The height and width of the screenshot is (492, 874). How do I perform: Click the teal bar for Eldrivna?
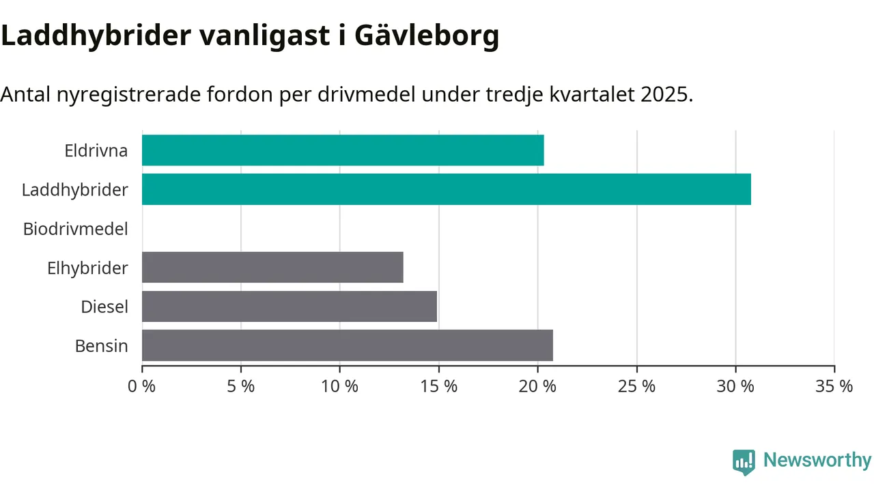[343, 150]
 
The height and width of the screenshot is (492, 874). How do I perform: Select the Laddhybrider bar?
[447, 189]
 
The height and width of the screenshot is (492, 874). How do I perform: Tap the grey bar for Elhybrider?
[272, 267]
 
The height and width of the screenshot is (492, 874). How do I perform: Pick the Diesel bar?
[290, 306]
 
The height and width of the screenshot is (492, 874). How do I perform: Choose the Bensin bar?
[348, 345]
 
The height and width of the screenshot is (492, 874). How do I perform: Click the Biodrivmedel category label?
[76, 229]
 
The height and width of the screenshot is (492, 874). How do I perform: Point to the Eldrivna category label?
[96, 150]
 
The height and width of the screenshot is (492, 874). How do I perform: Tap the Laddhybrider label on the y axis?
[75, 189]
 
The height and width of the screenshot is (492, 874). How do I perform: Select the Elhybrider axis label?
[87, 268]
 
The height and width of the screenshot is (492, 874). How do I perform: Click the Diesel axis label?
[104, 307]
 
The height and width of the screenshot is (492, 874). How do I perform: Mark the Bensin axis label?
[102, 346]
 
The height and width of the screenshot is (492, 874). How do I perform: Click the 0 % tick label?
[142, 386]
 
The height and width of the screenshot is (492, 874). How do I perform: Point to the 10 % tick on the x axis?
[339, 386]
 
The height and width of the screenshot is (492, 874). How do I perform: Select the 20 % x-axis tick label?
[537, 386]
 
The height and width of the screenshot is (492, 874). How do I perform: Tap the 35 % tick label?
[834, 386]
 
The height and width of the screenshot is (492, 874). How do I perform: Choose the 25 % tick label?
[636, 386]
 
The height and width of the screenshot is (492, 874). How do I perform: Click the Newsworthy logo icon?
[744, 462]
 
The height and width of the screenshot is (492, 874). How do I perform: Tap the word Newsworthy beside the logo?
[817, 460]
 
